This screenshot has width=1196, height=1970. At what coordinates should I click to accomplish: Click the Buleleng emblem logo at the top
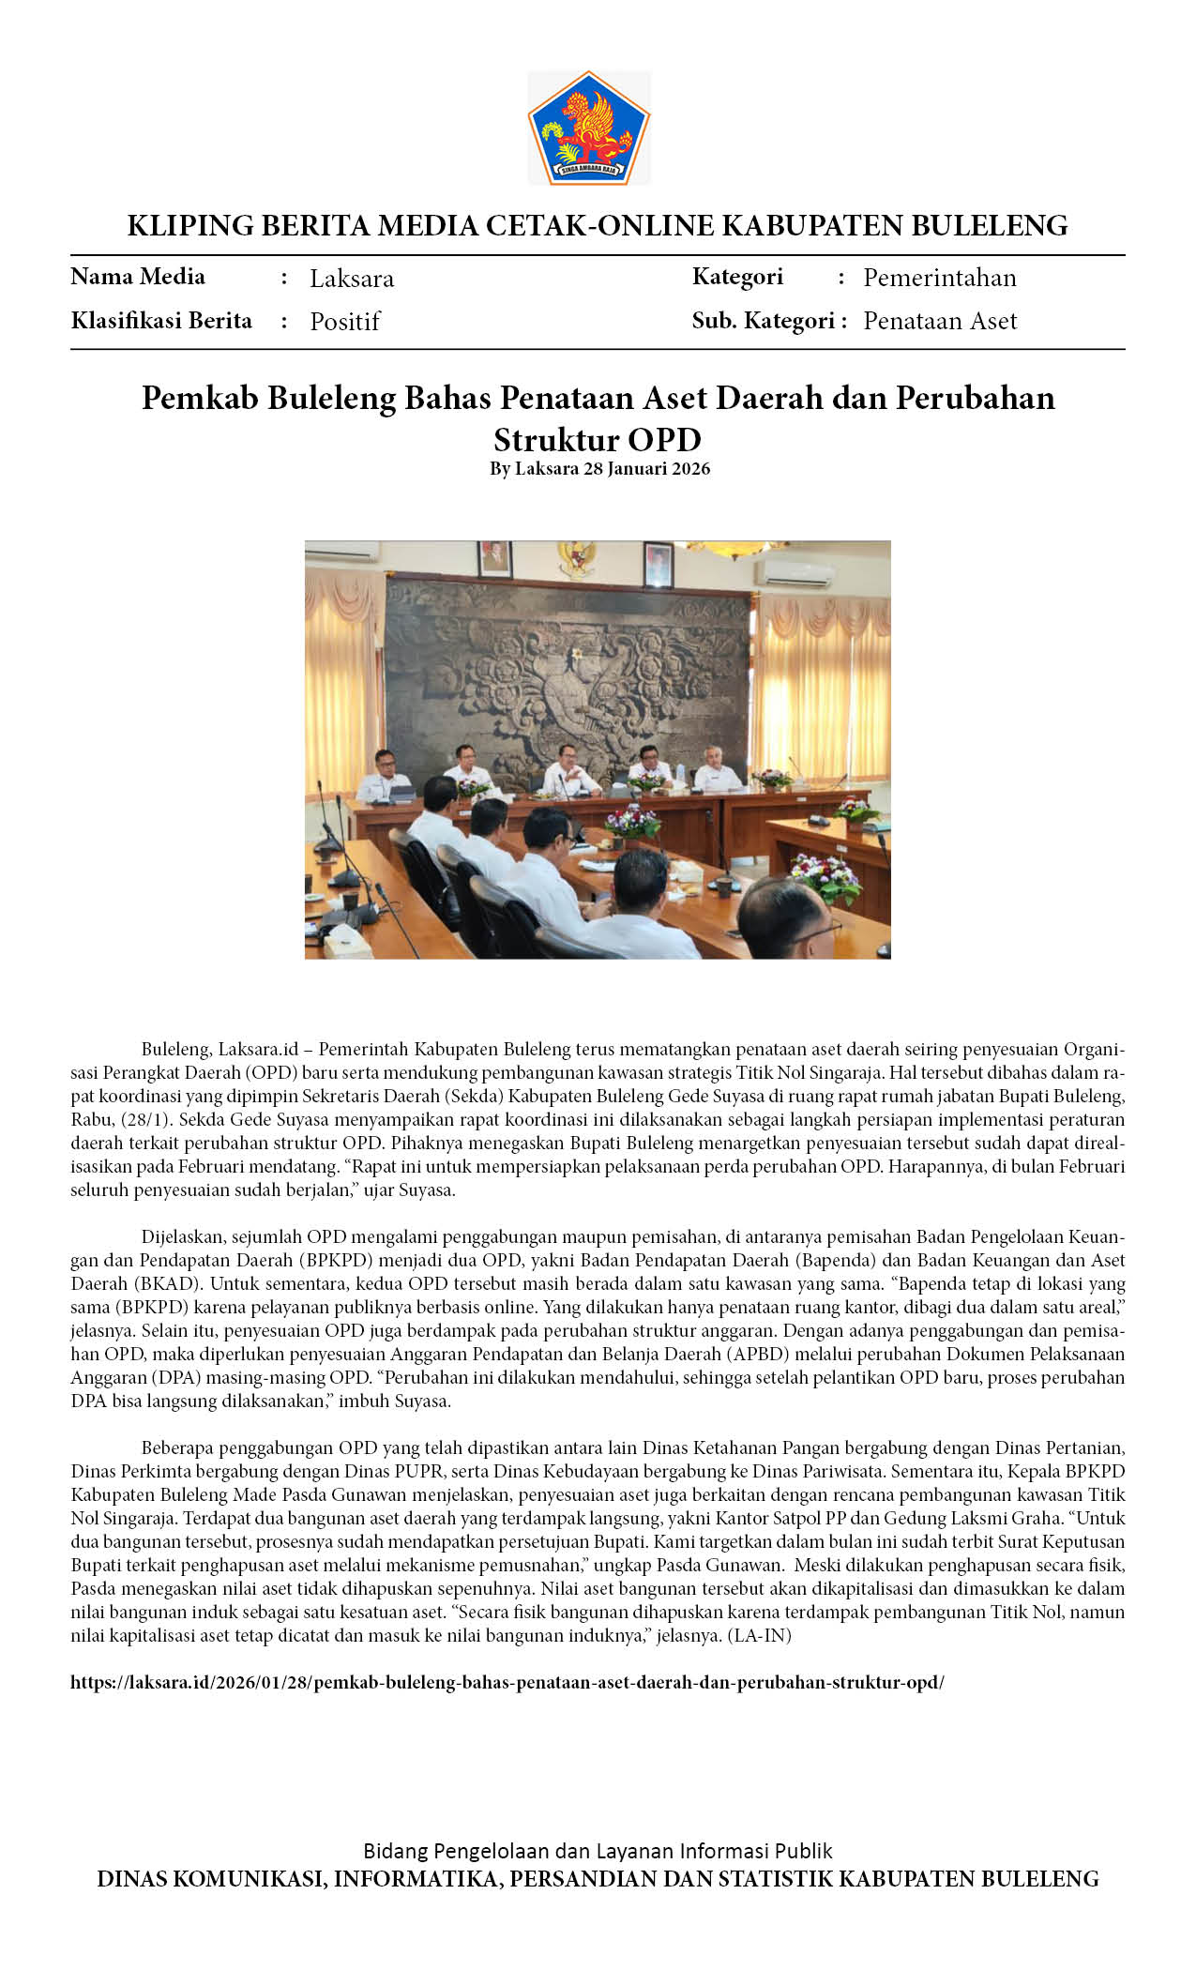pos(588,128)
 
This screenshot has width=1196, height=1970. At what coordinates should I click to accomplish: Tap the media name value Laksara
pos(352,279)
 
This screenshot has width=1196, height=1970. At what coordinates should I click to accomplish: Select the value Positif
pos(344,322)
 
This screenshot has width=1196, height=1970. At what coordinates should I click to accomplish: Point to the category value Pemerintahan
pos(939,278)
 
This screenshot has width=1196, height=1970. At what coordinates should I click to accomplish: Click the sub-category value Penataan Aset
pos(939,321)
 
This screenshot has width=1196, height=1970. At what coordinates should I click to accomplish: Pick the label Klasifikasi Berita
pos(161,321)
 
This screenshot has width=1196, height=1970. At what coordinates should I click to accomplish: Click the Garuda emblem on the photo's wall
pos(576,559)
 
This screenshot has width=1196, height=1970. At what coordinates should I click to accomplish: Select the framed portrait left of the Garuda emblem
pos(495,558)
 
